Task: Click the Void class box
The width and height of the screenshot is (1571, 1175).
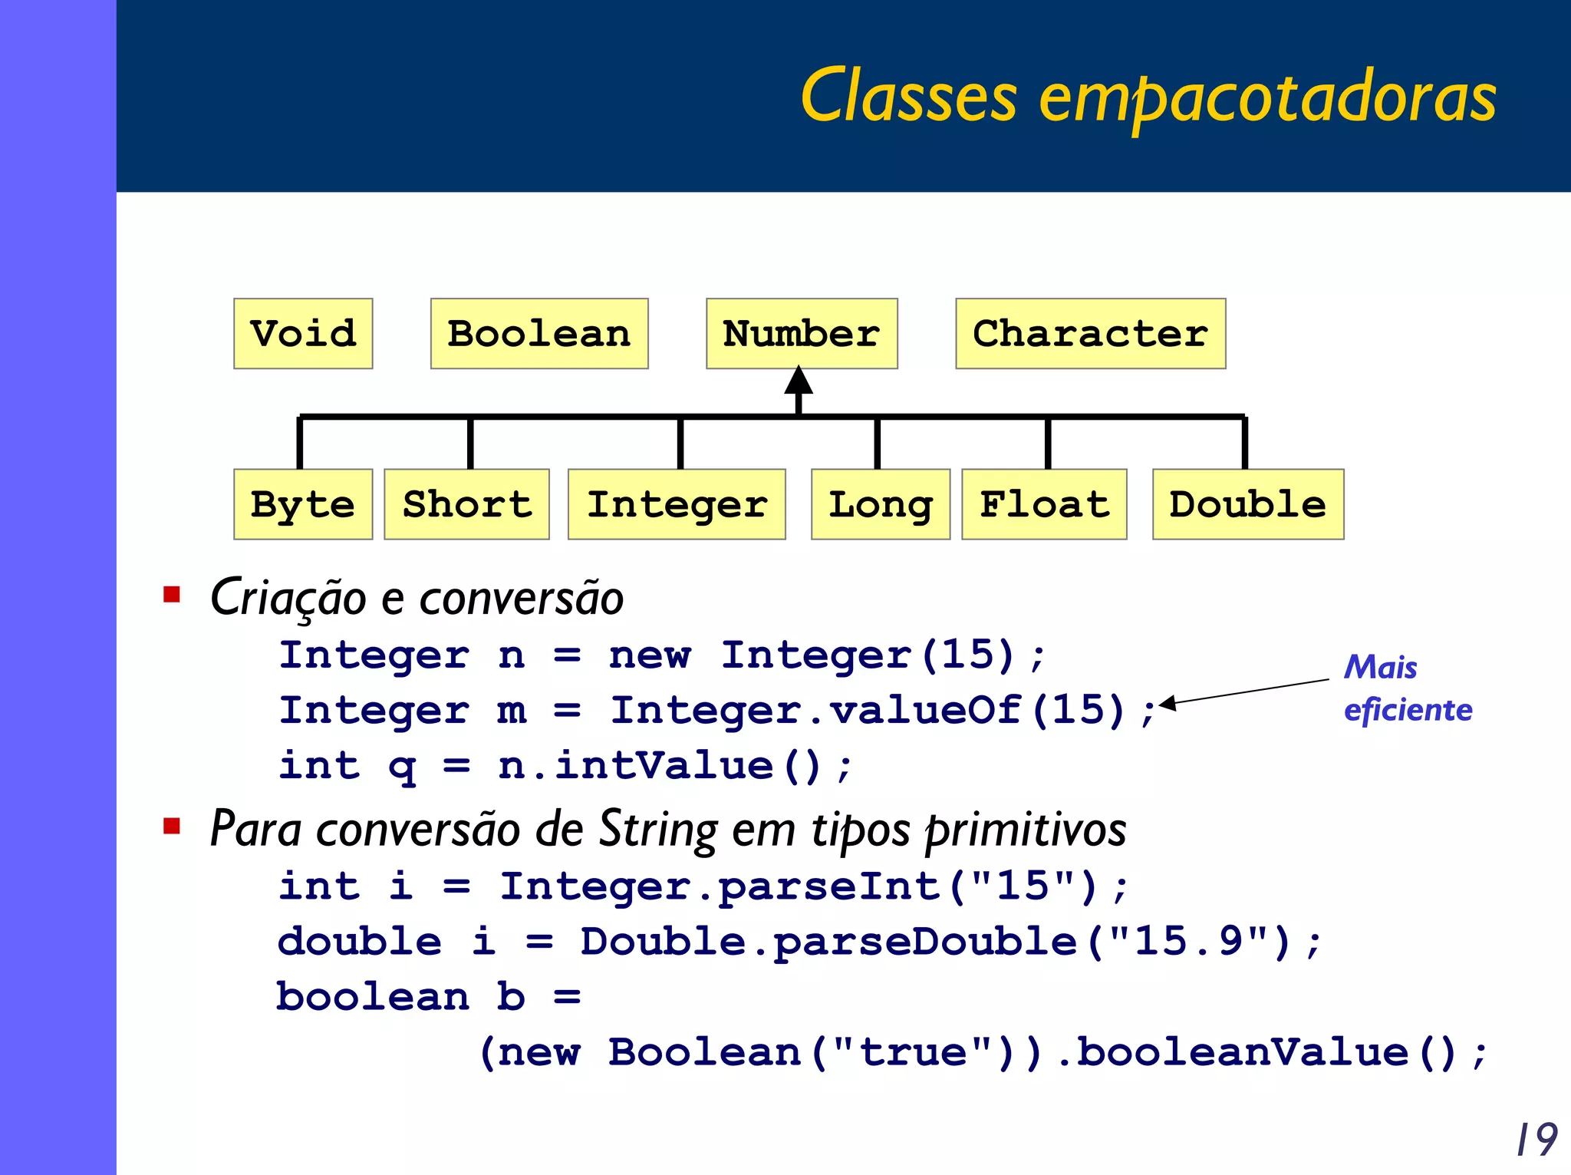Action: pos(303,334)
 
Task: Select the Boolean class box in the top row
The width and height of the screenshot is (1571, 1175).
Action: pos(539,334)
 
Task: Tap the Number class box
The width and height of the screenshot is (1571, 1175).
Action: pos(802,334)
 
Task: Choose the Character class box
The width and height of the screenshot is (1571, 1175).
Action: pos(1090,334)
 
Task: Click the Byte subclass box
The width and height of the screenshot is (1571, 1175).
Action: pos(303,504)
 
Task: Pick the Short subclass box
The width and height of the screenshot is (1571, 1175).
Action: pos(466,504)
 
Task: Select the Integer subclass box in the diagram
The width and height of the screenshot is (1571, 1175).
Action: pos(677,504)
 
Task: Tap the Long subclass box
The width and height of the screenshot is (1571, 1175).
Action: pos(881,504)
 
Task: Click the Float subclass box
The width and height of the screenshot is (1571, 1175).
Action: pos(1044,504)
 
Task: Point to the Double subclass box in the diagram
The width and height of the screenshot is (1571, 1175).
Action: pos(1248,504)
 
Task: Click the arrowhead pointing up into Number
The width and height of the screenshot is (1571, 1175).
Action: pos(799,381)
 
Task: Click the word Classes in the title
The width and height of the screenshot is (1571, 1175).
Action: pos(908,97)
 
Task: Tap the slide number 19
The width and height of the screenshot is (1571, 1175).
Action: pos(1536,1140)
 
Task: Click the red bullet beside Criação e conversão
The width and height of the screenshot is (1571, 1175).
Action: pos(172,595)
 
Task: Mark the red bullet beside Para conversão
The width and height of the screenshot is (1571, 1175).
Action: pos(172,826)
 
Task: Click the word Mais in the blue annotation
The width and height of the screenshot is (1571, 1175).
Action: pos(1380,667)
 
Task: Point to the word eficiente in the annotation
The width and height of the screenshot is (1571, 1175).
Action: pos(1408,710)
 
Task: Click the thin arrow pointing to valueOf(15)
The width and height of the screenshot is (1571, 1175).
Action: pos(1243,691)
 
